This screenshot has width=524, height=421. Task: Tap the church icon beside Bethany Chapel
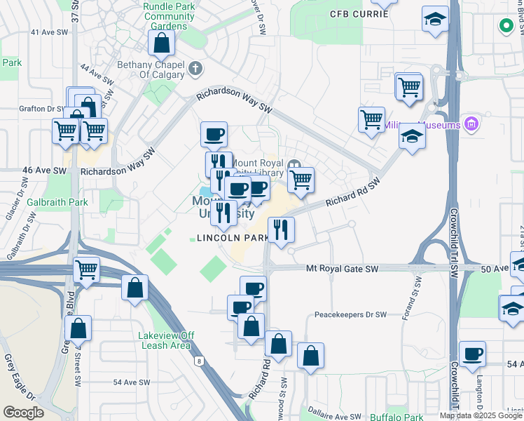(x=195, y=69)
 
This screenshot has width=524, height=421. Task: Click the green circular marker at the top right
(x=505, y=27)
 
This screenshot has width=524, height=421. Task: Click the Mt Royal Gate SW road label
(x=343, y=269)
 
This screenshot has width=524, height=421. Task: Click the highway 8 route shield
(x=199, y=361)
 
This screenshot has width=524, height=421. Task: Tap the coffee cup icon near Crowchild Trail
(x=473, y=354)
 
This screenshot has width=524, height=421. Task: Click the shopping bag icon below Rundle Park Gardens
(x=162, y=42)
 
